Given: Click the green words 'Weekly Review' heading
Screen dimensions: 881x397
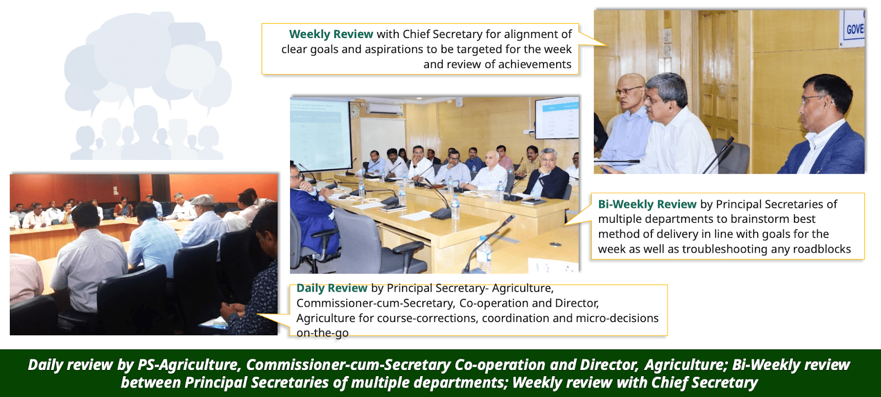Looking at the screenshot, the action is (x=331, y=34).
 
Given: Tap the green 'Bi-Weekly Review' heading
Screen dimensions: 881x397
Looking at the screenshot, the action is (x=647, y=204).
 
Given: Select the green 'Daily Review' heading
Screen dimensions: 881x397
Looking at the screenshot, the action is (x=331, y=288).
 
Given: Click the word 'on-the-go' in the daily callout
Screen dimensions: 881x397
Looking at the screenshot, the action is (x=322, y=333).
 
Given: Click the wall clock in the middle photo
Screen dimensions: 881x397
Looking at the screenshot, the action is (x=354, y=111).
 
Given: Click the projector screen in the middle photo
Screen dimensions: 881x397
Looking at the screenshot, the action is (x=320, y=134).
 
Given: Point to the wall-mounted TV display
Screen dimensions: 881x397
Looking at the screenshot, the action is (x=557, y=118).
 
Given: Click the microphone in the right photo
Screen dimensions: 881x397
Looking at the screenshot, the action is (x=718, y=155).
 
